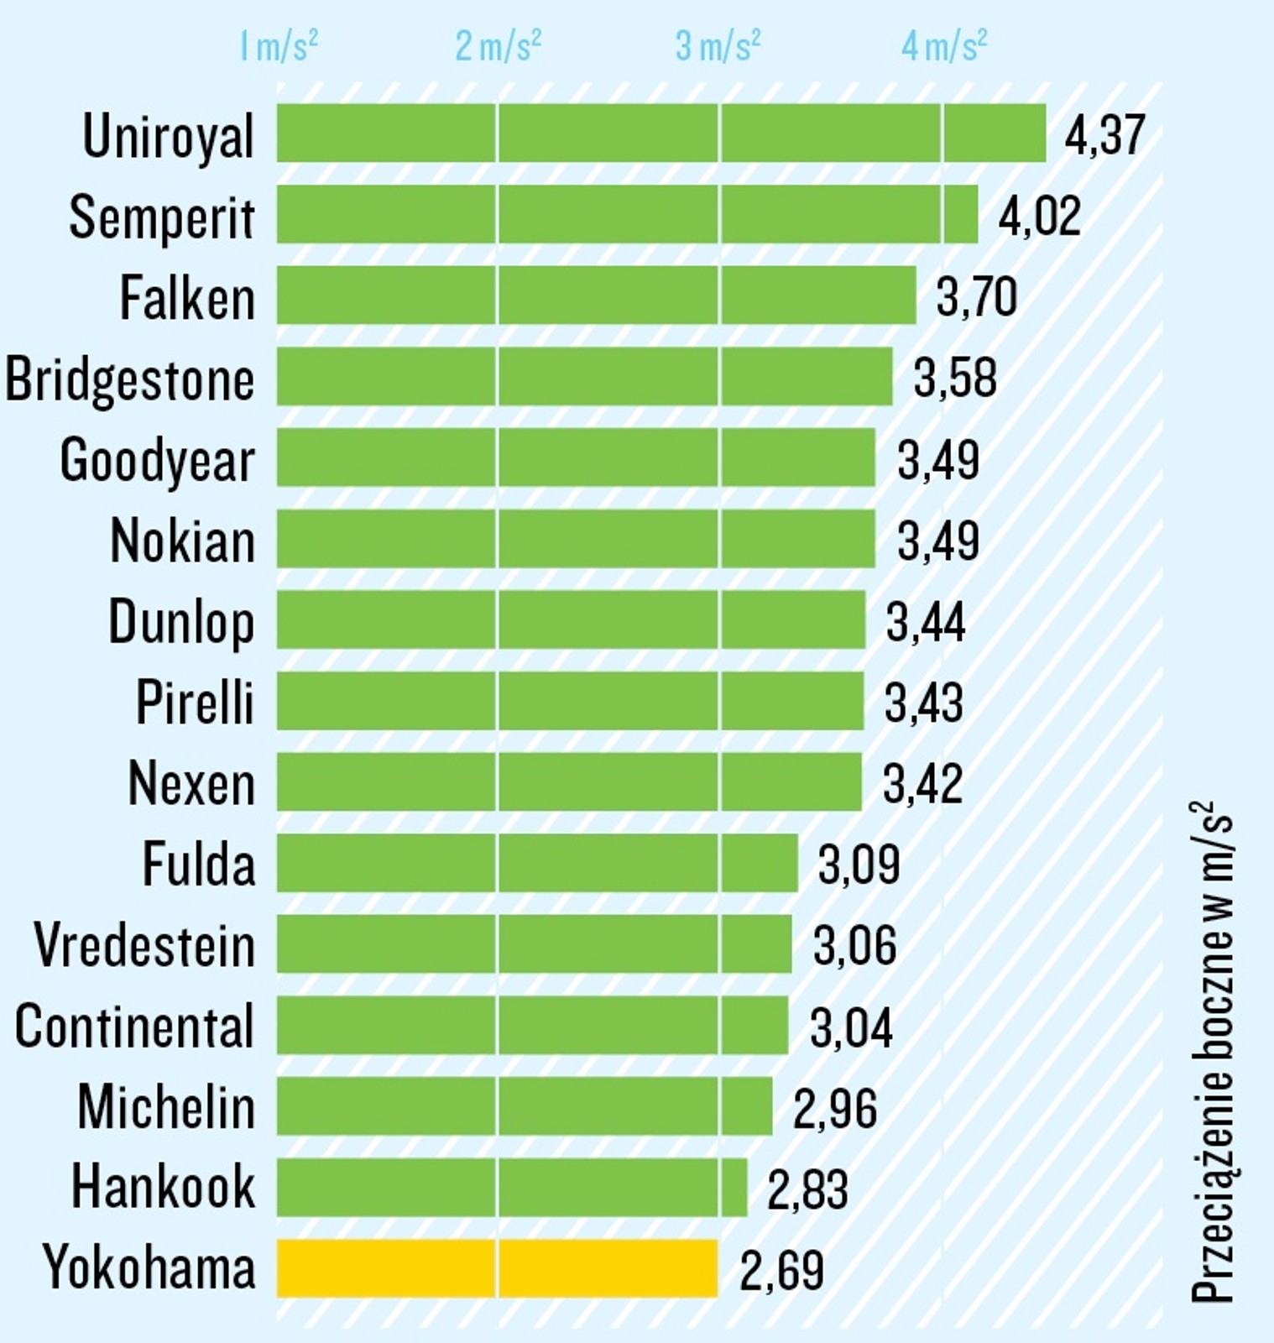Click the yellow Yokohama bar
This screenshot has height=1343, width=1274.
coord(497,1268)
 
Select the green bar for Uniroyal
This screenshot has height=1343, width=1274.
coord(661,133)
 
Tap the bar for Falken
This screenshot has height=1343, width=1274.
coord(596,295)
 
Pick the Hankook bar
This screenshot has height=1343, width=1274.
coord(512,1187)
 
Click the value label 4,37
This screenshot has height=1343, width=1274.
coord(1104,134)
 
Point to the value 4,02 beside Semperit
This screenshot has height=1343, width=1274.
coord(1038,216)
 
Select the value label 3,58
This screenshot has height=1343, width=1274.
coord(954,378)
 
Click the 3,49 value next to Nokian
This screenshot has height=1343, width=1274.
coord(937,540)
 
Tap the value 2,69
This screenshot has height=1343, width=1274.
coord(781,1270)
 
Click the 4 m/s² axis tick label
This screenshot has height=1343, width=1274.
coord(943,46)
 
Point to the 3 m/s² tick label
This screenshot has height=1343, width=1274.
coord(718,46)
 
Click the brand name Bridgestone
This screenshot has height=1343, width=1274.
coord(130,379)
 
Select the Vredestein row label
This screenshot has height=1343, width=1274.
coord(144,945)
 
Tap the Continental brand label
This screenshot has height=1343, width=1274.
coord(134,1026)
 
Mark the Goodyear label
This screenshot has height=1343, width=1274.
coord(157,461)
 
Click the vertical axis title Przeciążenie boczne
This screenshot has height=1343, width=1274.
coord(1213,1053)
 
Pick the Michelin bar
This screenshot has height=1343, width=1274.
coord(525,1106)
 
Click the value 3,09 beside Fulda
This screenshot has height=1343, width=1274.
coord(859,865)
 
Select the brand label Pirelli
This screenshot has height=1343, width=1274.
coord(195,702)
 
